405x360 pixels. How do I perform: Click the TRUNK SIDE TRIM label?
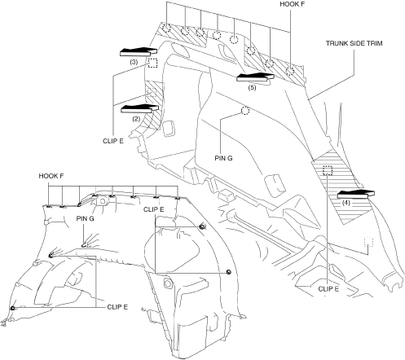354,43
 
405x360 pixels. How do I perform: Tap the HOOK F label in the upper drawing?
293,4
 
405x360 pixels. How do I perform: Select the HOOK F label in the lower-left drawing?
51,176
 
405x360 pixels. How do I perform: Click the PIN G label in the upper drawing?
223,158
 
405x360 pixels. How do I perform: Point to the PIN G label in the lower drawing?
85,218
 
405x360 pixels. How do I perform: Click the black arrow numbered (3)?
139,51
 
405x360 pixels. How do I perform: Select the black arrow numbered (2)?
139,108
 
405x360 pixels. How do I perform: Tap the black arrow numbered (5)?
255,77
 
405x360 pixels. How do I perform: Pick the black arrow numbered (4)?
356,195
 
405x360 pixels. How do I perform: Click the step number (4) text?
346,203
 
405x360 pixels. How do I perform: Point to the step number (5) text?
252,87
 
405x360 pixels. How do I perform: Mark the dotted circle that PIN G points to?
245,111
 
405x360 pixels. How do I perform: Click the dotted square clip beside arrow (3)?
152,63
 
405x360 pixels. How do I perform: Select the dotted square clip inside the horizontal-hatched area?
328,170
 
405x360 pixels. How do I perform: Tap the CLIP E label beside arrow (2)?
113,141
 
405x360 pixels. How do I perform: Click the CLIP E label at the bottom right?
328,289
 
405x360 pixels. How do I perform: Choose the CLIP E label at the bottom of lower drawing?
117,307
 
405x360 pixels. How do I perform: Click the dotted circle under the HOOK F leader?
290,72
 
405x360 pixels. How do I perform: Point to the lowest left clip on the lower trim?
12,308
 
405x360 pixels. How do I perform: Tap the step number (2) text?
136,119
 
